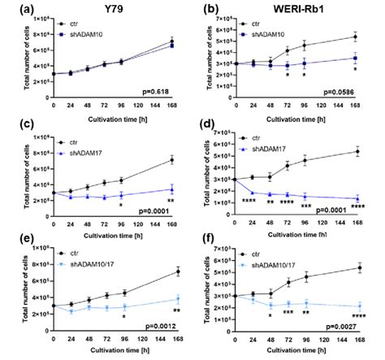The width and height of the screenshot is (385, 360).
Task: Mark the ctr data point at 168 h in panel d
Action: [x=358, y=151]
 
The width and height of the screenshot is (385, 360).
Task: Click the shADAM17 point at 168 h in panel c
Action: [x=171, y=190]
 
